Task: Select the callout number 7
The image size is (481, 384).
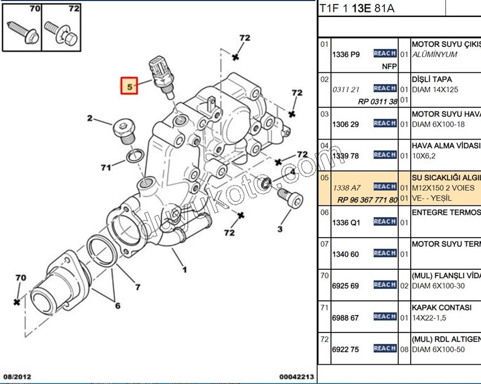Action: pyautogui.click(x=137, y=287)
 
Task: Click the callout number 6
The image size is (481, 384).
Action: pyautogui.click(x=117, y=306)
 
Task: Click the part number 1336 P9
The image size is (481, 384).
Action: pyautogui.click(x=346, y=55)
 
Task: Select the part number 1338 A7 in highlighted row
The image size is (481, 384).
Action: pyautogui.click(x=346, y=188)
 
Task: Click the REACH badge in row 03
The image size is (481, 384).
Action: pyautogui.click(x=385, y=123)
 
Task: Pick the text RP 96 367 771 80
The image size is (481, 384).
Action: pyautogui.click(x=367, y=199)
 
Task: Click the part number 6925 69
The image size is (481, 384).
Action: pyautogui.click(x=345, y=286)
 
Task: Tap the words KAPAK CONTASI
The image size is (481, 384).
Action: pyautogui.click(x=441, y=308)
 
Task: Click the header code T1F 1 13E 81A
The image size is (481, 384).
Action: pyautogui.click(x=357, y=8)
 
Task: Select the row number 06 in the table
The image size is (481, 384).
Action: pyautogui.click(x=324, y=212)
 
